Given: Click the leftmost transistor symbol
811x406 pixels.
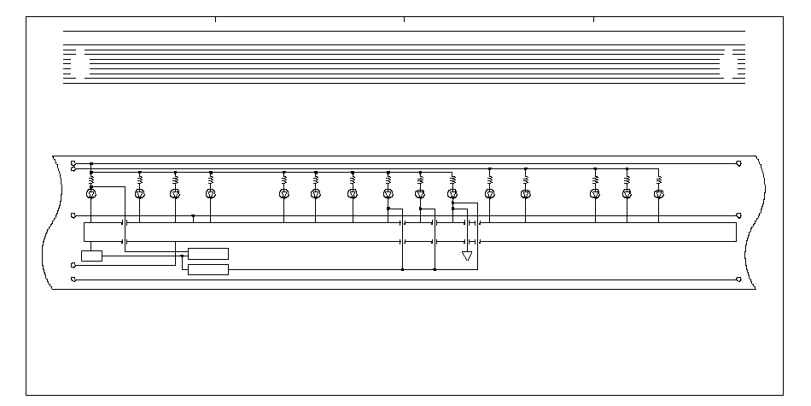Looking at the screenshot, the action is point(91,194).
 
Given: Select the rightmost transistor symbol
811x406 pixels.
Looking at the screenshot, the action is point(658,194).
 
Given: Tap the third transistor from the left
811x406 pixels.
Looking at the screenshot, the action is point(175,194).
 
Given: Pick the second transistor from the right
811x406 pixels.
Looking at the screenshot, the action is point(627,194).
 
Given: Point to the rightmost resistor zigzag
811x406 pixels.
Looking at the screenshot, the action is point(658,180).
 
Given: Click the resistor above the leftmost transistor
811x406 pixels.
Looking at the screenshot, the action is point(91,180).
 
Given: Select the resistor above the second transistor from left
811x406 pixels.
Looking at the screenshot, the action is point(141,180).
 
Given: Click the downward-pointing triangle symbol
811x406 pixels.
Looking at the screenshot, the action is point(466,256).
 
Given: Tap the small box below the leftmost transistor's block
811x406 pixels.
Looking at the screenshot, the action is point(91,256).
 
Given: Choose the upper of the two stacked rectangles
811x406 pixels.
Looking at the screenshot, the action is point(208,253).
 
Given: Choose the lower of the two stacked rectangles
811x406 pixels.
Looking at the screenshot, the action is point(208,270).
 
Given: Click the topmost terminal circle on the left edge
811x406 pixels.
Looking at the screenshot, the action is point(73,162).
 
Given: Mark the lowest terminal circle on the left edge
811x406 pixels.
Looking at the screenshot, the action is point(73,279).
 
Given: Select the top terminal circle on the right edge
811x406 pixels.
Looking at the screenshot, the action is point(738,162).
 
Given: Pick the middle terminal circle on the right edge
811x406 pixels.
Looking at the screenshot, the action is point(738,216).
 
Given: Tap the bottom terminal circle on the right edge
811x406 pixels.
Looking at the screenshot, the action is point(738,279).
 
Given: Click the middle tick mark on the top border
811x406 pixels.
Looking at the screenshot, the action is point(404,19).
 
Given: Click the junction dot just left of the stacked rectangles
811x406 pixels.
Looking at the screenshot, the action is point(183,256).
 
